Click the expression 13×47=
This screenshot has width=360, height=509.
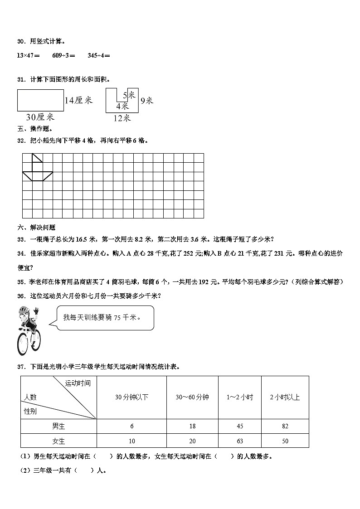coord(28,55)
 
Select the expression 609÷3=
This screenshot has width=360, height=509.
coord(64,55)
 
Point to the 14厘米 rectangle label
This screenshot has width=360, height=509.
coord(79,101)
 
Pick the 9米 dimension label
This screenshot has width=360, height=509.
coord(146,100)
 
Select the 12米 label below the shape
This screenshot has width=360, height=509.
coord(122,118)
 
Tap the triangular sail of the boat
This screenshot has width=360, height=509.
coord(36,159)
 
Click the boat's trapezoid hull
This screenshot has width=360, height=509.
coord(38,176)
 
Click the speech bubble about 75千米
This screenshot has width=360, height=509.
coord(104,317)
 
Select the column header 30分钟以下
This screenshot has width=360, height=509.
coord(131,397)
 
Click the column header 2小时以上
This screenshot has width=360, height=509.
coord(285,397)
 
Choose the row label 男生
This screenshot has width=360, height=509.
coord(58,426)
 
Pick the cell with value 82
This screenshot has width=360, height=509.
coord(285,426)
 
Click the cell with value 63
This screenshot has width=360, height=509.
coord(240,441)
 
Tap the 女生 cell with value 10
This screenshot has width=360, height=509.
coord(131,441)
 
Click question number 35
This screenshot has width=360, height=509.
coord(21,282)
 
